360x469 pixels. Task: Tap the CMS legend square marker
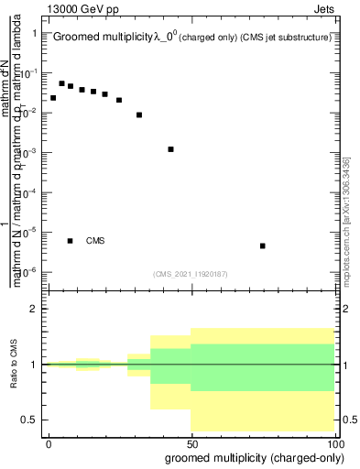tap(71, 241)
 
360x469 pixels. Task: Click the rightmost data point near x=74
tap(263, 245)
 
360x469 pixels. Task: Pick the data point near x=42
tap(171, 149)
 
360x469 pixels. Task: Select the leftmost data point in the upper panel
tap(53, 98)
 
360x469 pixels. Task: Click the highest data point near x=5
tap(61, 83)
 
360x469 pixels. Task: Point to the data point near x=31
tap(139, 115)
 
